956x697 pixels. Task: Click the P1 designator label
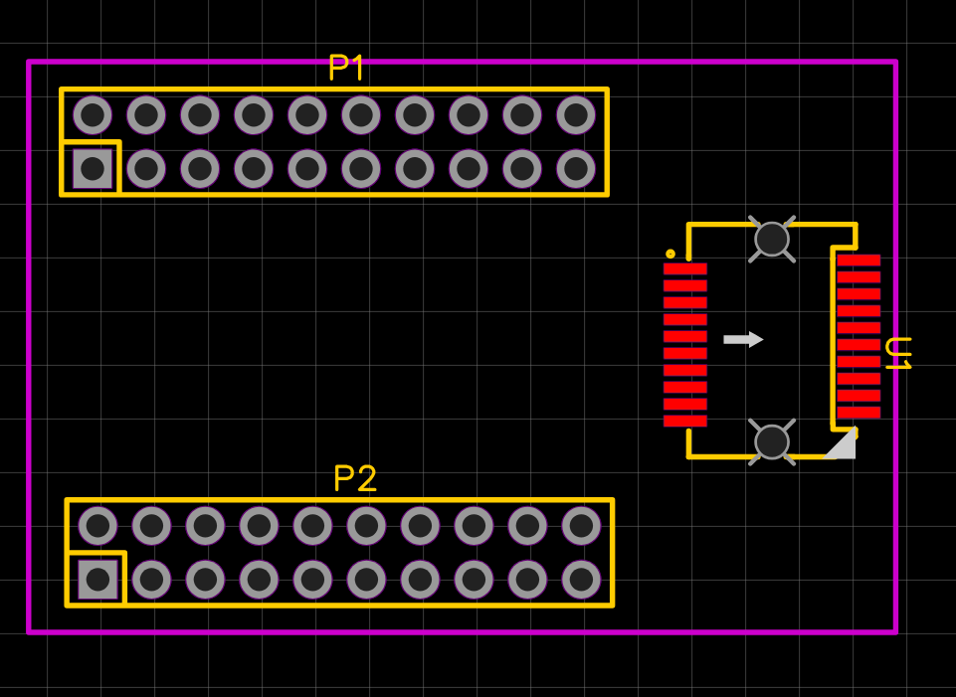(346, 68)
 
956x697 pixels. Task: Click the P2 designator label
(355, 479)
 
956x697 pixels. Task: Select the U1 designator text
(897, 354)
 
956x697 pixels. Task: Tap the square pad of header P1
(93, 169)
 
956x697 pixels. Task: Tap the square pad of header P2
(97, 579)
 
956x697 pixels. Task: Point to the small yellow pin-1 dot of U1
(670, 254)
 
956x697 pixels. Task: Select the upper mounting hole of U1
(772, 239)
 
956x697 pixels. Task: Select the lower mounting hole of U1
(772, 442)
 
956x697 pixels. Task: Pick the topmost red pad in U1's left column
(684, 268)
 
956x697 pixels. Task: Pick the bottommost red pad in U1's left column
(684, 421)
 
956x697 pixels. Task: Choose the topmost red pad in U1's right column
(858, 261)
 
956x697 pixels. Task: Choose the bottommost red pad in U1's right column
(858, 413)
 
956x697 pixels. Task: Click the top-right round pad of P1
(576, 115)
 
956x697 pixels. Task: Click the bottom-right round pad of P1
(576, 169)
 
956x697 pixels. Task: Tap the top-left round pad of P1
(93, 115)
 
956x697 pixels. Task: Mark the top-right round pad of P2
(581, 525)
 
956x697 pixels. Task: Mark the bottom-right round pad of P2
(581, 579)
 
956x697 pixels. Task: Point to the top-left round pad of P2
(97, 525)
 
